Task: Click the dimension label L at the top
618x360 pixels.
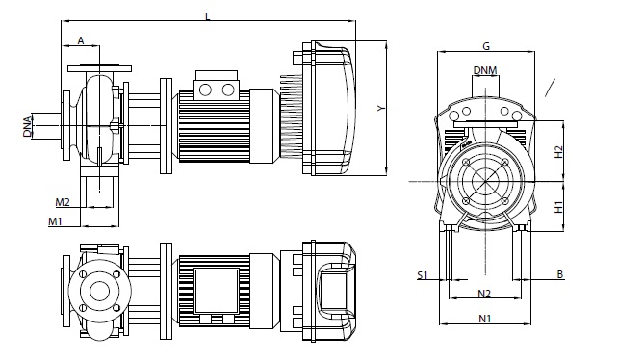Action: pos(208,16)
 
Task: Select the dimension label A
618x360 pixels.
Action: pos(81,40)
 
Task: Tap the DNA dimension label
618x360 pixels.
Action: pos(27,126)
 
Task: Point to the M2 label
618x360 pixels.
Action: pos(63,202)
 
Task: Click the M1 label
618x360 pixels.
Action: pos(55,221)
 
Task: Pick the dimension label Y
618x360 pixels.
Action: pos(380,108)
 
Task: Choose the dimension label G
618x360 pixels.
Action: pos(486,46)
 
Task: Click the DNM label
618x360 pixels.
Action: pos(485,70)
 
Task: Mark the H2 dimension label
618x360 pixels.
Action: pos(558,152)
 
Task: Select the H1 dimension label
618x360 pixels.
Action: pos(558,207)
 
